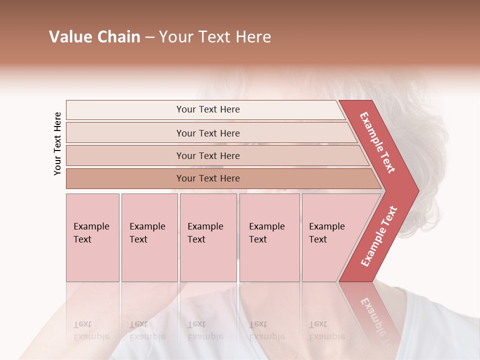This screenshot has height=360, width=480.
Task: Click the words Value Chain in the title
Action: tap(94, 37)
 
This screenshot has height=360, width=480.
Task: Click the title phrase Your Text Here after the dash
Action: tap(215, 37)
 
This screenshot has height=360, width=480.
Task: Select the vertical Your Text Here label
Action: tap(57, 143)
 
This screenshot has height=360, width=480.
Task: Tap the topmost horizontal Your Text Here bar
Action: tap(207, 109)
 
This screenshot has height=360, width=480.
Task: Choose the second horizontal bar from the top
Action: tap(207, 133)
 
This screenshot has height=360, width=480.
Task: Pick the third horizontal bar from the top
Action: tap(207, 155)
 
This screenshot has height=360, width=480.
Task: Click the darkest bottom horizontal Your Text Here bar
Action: tap(207, 178)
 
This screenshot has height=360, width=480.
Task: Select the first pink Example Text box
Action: tap(92, 237)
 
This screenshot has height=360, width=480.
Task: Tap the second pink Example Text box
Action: tap(149, 237)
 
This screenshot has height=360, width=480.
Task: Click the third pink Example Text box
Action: tap(208, 237)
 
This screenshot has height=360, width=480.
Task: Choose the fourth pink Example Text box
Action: tap(269, 237)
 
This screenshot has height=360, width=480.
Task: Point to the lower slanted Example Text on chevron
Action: tap(379, 236)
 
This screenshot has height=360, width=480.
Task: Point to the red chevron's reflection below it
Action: tap(372, 312)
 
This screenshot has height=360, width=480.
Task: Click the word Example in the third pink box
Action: tap(205, 226)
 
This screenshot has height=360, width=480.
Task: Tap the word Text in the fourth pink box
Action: tap(258, 239)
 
